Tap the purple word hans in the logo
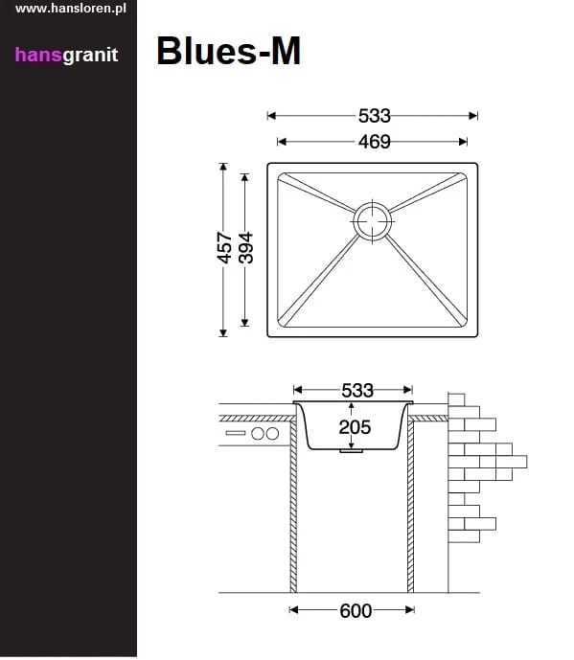pyautogui.click(x=37, y=55)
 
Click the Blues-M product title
pyautogui.click(x=228, y=51)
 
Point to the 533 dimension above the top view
pyautogui.click(x=374, y=116)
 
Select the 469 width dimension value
pyautogui.click(x=374, y=142)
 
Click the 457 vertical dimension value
pyautogui.click(x=223, y=248)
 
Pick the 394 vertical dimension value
pyautogui.click(x=245, y=248)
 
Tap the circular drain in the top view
pyautogui.click(x=372, y=220)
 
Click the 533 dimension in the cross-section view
pyautogui.click(x=356, y=390)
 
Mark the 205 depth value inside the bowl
pyautogui.click(x=354, y=427)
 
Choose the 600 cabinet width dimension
pyautogui.click(x=355, y=611)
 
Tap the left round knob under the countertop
pyautogui.click(x=257, y=434)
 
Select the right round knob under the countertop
pyautogui.click(x=272, y=434)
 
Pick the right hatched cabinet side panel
pyautogui.click(x=411, y=508)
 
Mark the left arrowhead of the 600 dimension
pyautogui.click(x=295, y=611)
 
